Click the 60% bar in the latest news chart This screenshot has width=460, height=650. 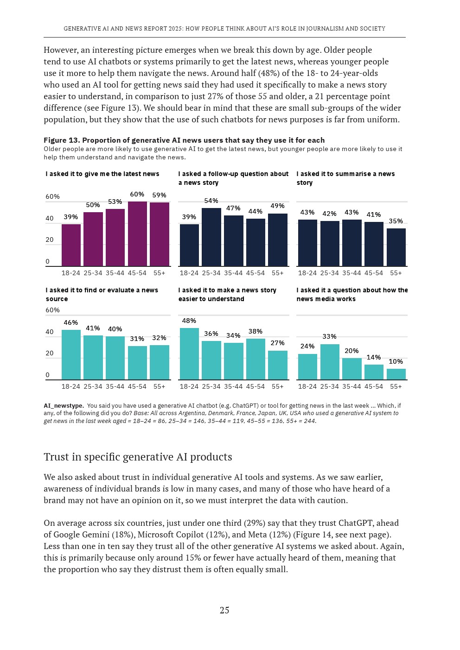tap(137, 234)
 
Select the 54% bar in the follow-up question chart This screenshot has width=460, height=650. tap(211, 237)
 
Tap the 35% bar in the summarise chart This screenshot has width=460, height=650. tap(396, 247)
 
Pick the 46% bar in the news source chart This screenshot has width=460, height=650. tap(71, 354)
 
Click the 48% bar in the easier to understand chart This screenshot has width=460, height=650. tap(189, 353)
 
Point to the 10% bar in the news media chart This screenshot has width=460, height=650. tap(396, 374)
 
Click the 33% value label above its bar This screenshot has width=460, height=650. tap(329, 336)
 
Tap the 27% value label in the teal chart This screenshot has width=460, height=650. tap(277, 343)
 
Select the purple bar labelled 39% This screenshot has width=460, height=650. tap(71, 245)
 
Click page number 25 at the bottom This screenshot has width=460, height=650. tap(224, 610)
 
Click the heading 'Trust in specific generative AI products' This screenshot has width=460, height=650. tap(138, 457)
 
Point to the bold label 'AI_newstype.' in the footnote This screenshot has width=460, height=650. tap(64, 405)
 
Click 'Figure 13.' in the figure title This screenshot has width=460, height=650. tap(62, 140)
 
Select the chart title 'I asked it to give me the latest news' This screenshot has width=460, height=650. tap(102, 174)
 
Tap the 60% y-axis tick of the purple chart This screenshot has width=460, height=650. tap(52, 196)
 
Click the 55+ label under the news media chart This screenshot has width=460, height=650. tap(396, 386)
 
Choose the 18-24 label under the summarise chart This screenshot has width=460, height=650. tap(307, 273)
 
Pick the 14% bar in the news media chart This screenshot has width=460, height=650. tap(374, 372)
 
